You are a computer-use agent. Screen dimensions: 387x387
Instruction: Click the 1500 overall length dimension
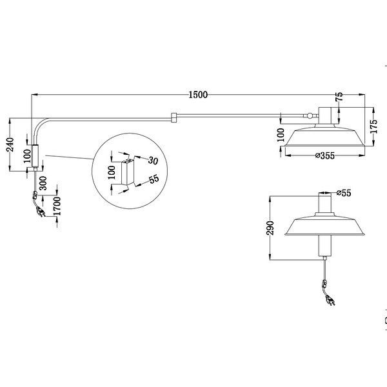point(198,94)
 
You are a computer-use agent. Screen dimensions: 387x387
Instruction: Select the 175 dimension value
point(372,124)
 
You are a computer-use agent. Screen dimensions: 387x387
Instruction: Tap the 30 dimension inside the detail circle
point(153,159)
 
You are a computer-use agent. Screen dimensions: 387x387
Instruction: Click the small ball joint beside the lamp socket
point(312,116)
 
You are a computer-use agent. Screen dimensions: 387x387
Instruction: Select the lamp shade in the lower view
point(324,226)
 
